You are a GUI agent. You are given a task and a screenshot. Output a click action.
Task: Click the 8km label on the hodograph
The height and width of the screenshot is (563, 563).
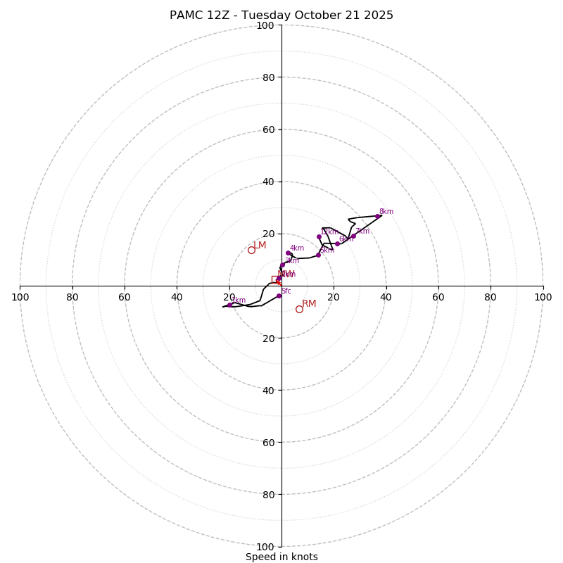tap(386, 212)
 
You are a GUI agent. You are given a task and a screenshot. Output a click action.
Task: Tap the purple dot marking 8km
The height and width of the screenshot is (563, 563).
tap(378, 216)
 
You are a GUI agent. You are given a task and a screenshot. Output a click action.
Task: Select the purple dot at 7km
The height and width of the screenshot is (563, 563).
tap(353, 236)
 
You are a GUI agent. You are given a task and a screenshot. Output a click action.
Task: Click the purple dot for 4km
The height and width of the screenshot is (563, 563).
tap(288, 253)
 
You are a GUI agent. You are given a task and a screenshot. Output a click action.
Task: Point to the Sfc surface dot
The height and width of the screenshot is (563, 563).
tap(279, 296)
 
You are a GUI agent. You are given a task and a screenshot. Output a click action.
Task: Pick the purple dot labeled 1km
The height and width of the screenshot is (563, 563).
tap(229, 305)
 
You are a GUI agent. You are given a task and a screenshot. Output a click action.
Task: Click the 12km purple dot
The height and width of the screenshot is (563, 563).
tap(319, 236)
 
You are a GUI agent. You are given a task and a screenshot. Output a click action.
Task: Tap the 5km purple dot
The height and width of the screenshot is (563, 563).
tap(318, 255)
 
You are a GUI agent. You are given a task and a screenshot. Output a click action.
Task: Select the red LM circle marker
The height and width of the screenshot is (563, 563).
tap(251, 250)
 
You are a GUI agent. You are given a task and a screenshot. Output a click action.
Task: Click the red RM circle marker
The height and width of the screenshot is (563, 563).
tap(299, 309)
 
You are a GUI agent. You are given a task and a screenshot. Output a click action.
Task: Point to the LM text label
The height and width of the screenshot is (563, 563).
tap(260, 245)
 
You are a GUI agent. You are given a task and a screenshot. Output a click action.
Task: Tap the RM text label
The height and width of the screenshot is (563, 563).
tap(309, 304)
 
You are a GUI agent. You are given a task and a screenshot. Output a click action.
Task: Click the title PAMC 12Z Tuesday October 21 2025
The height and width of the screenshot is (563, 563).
tap(281, 15)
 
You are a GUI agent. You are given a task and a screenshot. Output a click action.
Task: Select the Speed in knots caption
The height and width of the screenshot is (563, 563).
tap(281, 557)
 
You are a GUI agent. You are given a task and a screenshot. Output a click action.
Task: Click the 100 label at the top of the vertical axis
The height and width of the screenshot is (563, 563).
tap(265, 26)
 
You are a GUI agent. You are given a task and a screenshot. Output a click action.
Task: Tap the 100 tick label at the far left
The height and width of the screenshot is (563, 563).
tap(20, 297)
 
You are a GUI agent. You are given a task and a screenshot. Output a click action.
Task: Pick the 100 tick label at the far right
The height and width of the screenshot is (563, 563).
tap(543, 297)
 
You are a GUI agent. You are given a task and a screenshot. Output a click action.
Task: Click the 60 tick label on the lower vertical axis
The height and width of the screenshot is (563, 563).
tap(268, 443)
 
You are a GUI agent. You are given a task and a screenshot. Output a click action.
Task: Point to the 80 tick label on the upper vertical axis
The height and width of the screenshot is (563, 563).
tap(268, 77)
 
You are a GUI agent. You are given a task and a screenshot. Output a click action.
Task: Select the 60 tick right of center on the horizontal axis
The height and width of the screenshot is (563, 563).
tap(438, 297)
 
